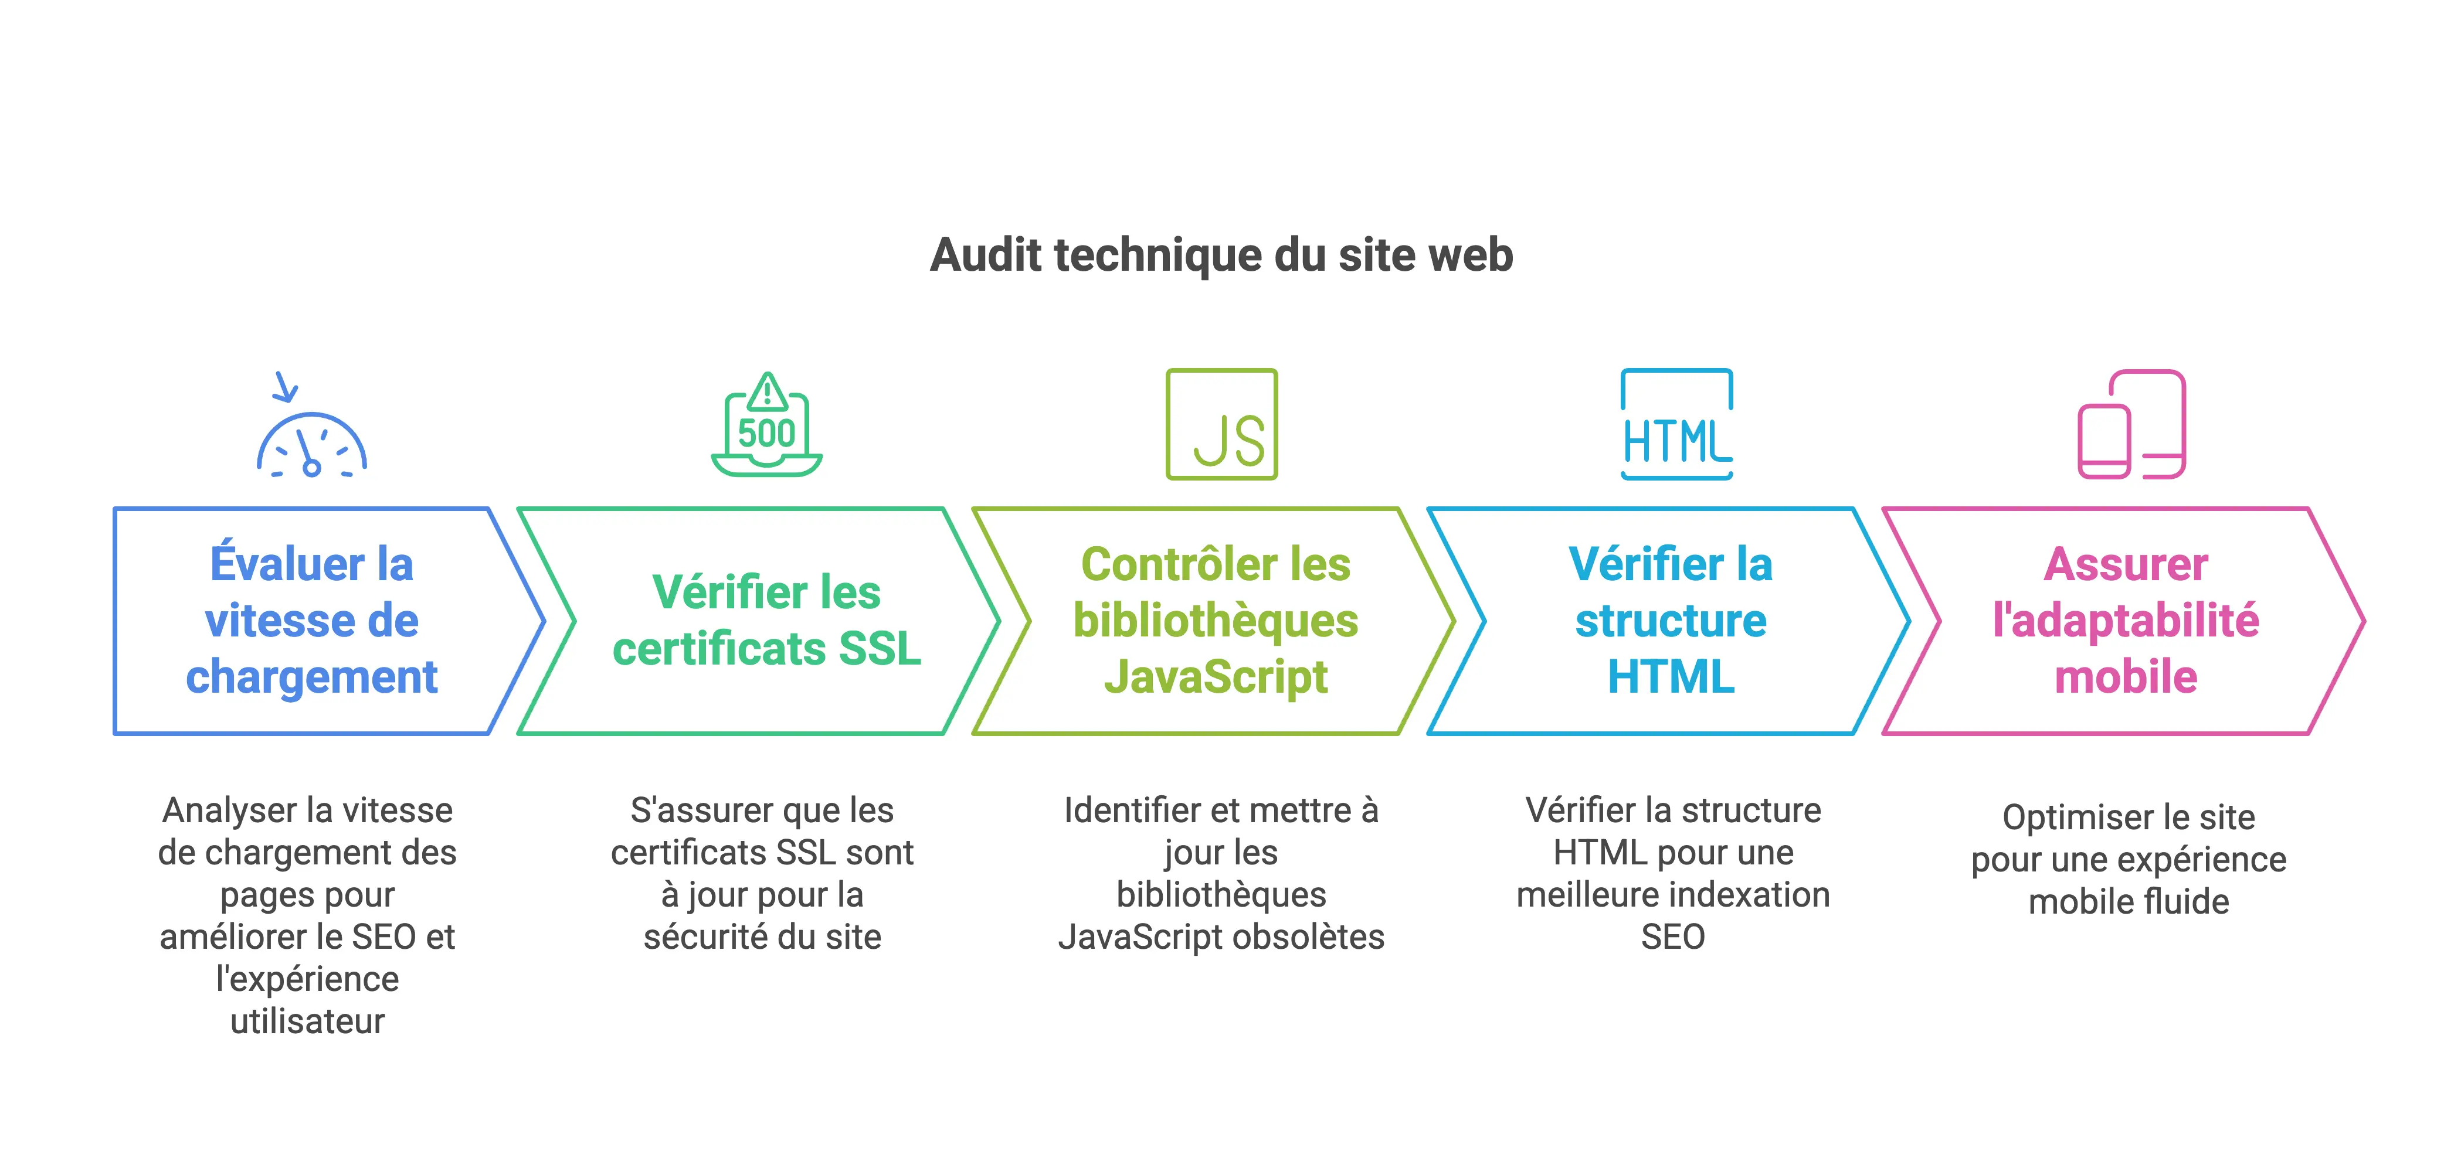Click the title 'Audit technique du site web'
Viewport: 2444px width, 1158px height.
tap(1221, 255)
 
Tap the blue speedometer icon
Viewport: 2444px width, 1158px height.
tap(311, 443)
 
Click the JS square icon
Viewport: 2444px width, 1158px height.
tap(1221, 424)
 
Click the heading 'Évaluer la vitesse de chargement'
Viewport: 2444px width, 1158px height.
tap(311, 620)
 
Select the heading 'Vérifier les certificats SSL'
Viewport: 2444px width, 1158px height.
tap(766, 620)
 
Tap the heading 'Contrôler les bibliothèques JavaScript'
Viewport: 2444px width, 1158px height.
tap(1216, 620)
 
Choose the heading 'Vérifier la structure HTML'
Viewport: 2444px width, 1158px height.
tap(1671, 620)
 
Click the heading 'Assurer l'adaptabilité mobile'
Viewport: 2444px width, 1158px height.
tap(2125, 620)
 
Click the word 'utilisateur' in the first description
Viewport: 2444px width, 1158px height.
tap(307, 1021)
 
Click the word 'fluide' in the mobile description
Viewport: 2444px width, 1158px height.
tap(2184, 902)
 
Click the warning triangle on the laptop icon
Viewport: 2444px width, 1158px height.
tap(766, 390)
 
